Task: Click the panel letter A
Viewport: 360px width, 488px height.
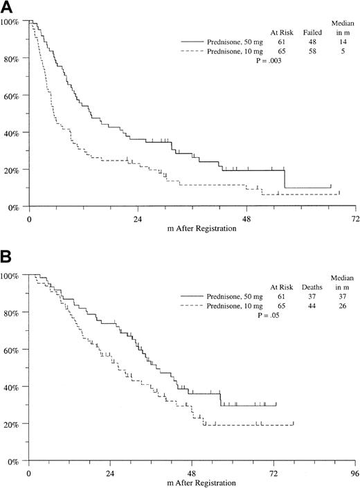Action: [6, 8]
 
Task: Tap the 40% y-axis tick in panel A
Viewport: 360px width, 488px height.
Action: [14, 132]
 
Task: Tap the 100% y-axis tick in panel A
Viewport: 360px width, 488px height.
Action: [12, 22]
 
